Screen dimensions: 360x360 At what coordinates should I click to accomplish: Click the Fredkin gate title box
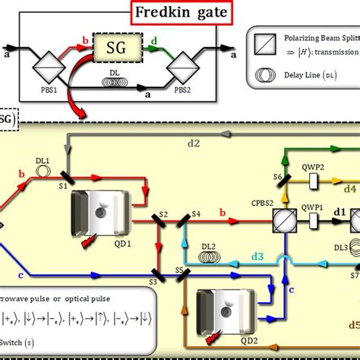(179, 14)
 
